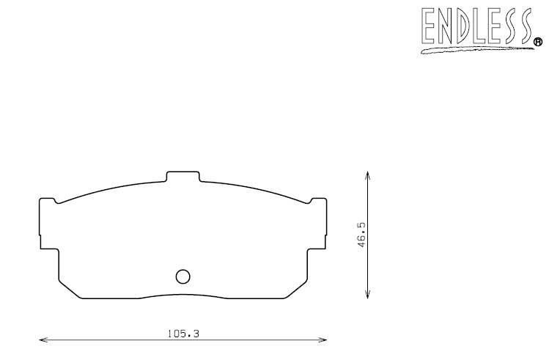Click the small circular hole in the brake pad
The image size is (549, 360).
183,276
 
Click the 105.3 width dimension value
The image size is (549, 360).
184,333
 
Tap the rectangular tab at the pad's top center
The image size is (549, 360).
183,177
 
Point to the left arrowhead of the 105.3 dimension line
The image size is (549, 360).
43,340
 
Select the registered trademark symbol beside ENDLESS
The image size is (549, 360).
537,43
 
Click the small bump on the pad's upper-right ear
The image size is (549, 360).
317,199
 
